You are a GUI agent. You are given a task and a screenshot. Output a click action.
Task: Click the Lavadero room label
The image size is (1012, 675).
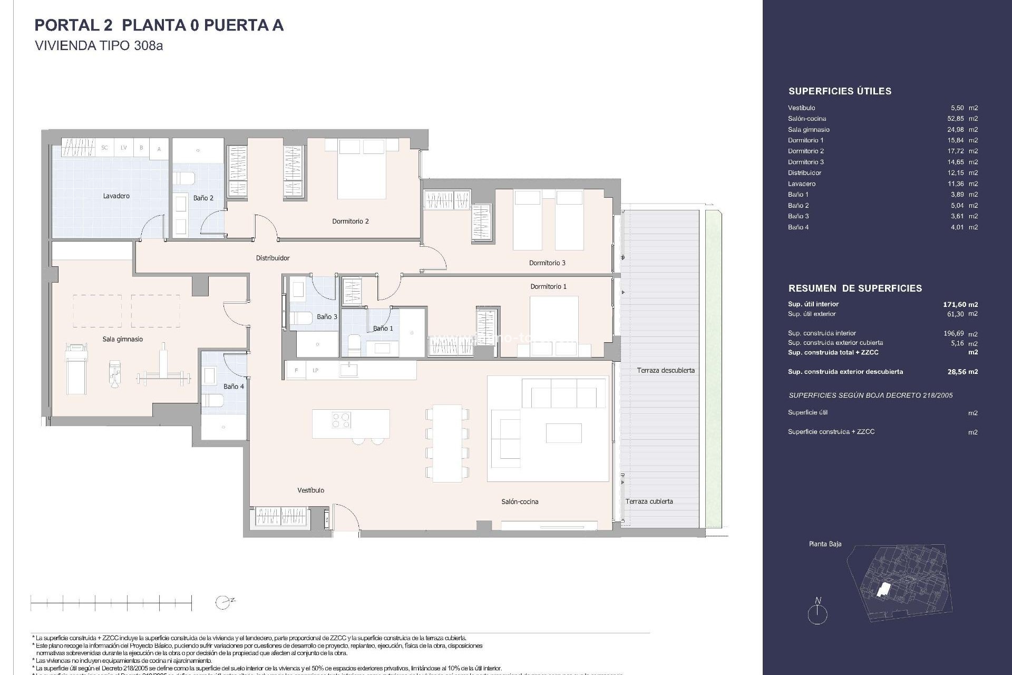point(116,196)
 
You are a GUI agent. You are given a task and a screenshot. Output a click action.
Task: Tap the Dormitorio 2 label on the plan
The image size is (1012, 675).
point(351,221)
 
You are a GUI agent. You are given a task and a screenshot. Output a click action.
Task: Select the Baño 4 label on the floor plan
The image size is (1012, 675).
point(233,387)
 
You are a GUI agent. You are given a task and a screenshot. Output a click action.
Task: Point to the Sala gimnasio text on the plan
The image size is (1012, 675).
point(122,340)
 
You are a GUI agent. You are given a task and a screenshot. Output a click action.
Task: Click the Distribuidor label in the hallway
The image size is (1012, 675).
point(273,258)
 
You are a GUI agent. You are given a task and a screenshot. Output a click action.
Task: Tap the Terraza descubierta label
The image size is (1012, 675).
point(665,371)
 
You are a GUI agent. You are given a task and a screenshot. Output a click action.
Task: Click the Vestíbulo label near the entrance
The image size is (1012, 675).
point(310,490)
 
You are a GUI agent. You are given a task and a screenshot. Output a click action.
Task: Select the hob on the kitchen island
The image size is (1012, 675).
point(341,420)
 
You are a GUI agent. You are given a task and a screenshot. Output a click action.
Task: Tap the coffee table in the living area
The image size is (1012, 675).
point(563,433)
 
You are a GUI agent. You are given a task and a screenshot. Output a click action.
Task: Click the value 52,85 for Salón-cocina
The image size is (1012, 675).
point(956,119)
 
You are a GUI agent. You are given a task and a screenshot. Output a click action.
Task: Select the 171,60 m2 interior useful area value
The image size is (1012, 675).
point(960,304)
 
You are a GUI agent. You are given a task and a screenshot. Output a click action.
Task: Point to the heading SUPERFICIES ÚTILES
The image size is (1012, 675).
point(840,91)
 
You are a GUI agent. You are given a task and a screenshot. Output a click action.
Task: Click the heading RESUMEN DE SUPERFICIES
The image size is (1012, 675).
point(855,288)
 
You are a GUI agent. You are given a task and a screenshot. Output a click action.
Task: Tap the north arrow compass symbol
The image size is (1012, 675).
point(818,612)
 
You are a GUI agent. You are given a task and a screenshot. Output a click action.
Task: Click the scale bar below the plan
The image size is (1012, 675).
point(111,602)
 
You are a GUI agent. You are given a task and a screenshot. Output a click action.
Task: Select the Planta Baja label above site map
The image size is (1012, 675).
point(825,544)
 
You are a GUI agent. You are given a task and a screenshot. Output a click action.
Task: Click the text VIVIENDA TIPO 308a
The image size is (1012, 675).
point(99,46)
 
